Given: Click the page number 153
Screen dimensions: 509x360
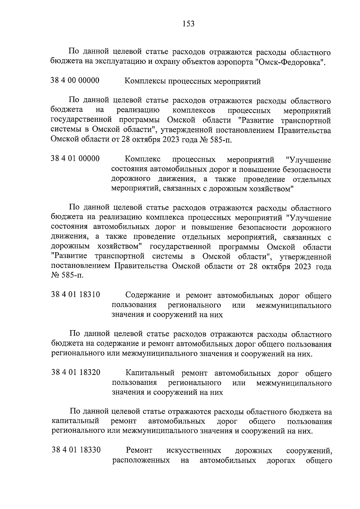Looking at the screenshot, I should click(x=188, y=23).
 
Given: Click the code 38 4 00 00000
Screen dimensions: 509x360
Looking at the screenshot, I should click(x=75, y=80).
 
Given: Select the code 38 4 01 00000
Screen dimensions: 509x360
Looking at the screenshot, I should click(x=75, y=158).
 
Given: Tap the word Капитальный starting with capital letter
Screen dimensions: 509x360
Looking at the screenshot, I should click(x=150, y=373).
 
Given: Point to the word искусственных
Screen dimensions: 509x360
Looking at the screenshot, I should click(x=194, y=451).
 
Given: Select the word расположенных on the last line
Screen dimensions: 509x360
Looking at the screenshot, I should click(x=140, y=460).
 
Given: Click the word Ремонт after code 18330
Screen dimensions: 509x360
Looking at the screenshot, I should click(x=139, y=451).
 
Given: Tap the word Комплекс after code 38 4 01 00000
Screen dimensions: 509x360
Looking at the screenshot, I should click(x=142, y=159).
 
